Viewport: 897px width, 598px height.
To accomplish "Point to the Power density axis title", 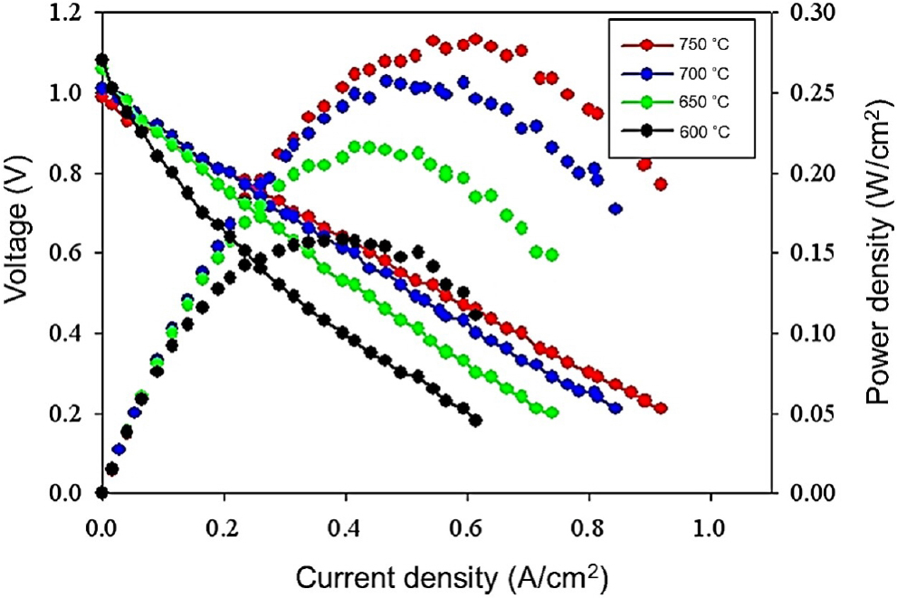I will tap(875, 252).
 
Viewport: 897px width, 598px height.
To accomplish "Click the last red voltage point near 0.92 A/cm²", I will tap(661, 408).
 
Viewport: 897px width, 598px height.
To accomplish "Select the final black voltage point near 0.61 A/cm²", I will tap(476, 420).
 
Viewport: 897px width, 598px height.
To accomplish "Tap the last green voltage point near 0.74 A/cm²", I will tap(552, 413).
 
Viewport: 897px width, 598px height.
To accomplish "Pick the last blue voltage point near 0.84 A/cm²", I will tap(615, 408).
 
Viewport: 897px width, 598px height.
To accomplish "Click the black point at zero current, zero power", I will tap(101, 493).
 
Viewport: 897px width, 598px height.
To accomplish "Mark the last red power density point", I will tap(661, 184).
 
